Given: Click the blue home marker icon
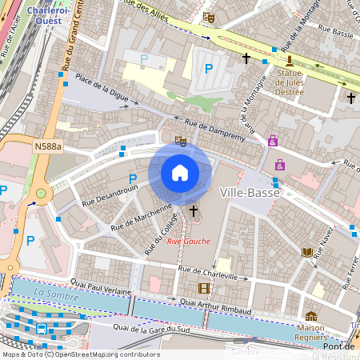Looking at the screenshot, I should [180, 173].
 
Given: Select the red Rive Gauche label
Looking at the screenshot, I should [189, 241].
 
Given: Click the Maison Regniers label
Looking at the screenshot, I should [310, 332].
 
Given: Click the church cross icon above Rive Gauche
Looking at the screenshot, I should [193, 210].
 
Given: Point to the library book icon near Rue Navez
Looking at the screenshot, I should [307, 252].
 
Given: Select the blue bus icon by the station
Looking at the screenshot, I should [41, 328].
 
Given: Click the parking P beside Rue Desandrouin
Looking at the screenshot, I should [133, 178].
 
